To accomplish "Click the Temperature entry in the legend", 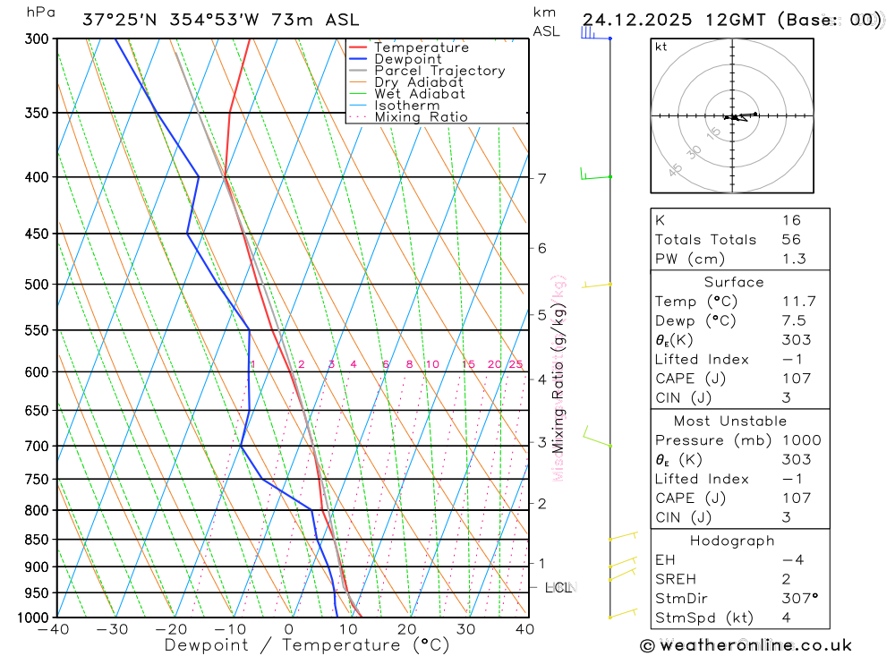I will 421,47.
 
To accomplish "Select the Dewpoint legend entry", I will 407,59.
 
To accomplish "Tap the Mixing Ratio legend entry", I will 421,117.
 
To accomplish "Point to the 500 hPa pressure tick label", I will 36,285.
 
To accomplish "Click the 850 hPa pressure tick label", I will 36,540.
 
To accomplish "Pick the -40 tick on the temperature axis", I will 55,629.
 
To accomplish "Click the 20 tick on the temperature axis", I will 407,629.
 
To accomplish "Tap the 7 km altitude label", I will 541,178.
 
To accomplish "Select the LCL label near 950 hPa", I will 558,588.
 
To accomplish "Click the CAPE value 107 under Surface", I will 796,379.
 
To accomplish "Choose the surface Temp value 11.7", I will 798,302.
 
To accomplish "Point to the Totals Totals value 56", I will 790,240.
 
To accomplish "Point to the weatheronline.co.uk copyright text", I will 746,645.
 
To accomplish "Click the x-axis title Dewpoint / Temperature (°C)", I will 306,645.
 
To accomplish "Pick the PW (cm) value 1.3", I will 793,260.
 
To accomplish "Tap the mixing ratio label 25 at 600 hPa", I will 516,364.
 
